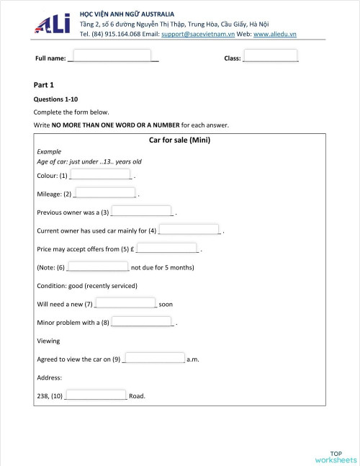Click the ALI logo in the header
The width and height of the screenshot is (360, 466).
pyautogui.click(x=52, y=24)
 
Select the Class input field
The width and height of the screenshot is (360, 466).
pyautogui.click(x=271, y=56)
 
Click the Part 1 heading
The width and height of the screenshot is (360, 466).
pyautogui.click(x=44, y=85)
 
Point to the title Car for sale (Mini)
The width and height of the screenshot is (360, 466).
pyautogui.click(x=179, y=140)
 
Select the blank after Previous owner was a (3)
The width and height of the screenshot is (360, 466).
pyautogui.click(x=142, y=212)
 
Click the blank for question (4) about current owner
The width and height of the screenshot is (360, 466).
pyautogui.click(x=189, y=230)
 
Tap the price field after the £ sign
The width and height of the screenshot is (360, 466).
pyautogui.click(x=168, y=248)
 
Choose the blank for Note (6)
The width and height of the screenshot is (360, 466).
pyautogui.click(x=97, y=267)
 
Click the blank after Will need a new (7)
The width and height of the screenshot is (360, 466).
pyautogui.click(x=125, y=304)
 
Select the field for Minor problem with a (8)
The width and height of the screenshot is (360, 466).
pyautogui.click(x=142, y=322)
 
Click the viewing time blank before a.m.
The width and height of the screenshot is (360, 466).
pyautogui.click(x=155, y=358)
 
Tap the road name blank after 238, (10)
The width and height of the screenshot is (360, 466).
pyautogui.click(x=96, y=395)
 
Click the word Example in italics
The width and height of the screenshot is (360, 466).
pyautogui.click(x=49, y=152)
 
